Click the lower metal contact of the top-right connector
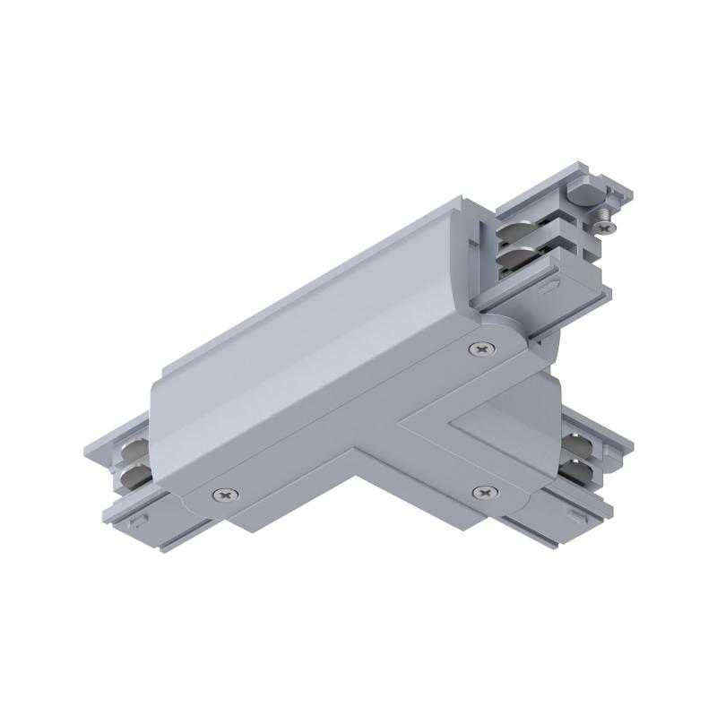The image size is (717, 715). click(x=523, y=260)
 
